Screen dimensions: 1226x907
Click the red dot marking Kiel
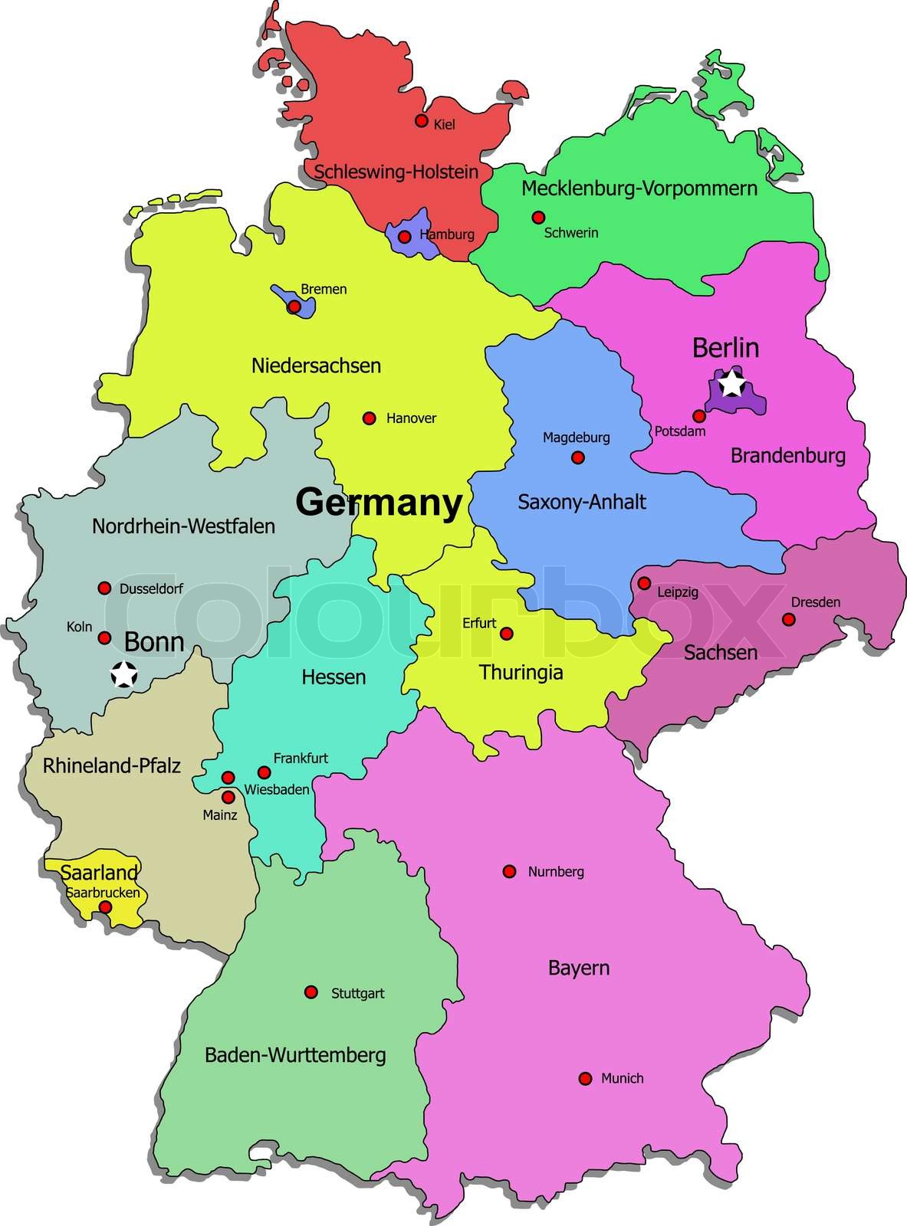click(x=421, y=120)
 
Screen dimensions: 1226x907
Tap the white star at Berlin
click(x=732, y=382)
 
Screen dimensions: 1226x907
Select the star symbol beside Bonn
click(x=123, y=675)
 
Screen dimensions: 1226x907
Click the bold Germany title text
click(x=379, y=503)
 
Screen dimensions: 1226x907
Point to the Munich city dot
click(x=585, y=1079)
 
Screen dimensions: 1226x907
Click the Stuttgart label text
click(x=357, y=993)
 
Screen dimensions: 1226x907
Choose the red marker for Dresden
click(x=788, y=619)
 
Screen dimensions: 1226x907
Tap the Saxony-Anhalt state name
click(x=582, y=502)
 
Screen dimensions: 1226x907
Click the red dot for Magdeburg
click(x=578, y=457)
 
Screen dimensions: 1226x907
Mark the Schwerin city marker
click(x=538, y=217)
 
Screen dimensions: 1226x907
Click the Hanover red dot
click(x=369, y=418)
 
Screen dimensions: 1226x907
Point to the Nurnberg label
click(x=556, y=871)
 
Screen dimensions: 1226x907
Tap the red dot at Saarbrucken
click(x=106, y=907)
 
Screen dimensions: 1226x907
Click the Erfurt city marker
click(x=506, y=634)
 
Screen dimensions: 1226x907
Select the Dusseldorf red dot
click(x=104, y=588)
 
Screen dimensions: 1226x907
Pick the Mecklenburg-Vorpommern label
click(x=639, y=188)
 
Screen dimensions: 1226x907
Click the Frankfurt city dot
click(x=264, y=772)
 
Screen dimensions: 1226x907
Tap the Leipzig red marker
click(x=644, y=583)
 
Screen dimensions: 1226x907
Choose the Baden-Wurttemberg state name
click(x=295, y=1055)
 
